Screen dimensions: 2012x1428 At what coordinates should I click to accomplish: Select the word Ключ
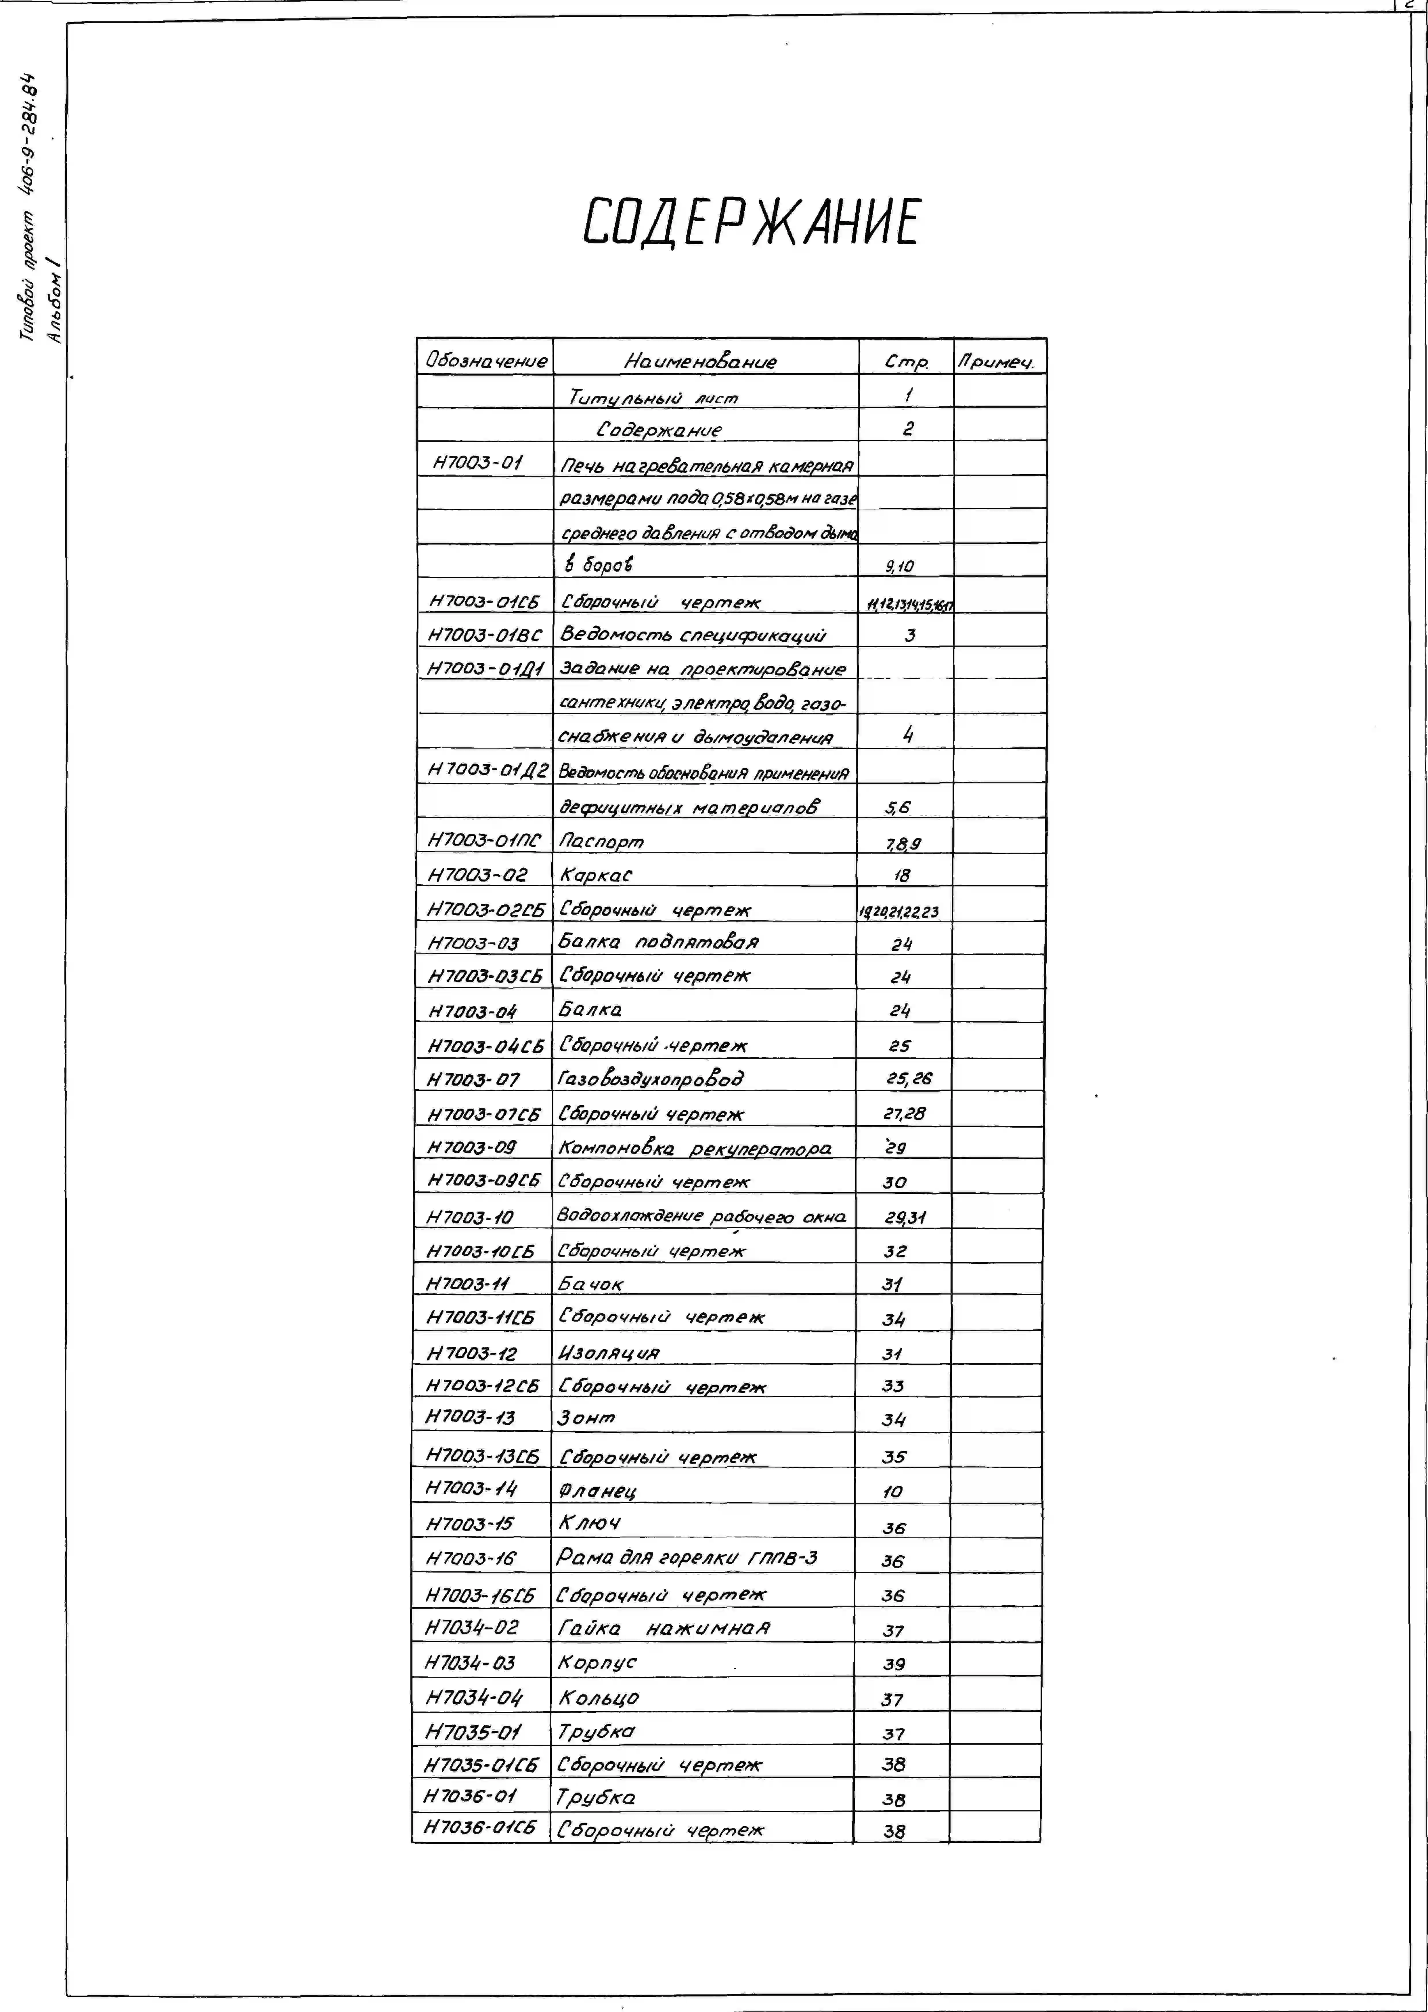pos(589,1522)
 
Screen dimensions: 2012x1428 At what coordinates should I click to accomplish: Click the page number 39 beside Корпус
pos(893,1663)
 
